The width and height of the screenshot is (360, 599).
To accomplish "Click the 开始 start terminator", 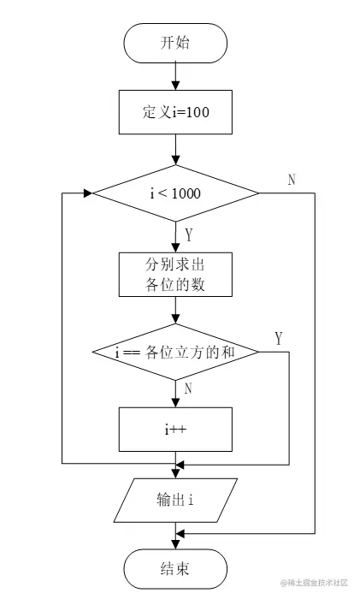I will point(175,43).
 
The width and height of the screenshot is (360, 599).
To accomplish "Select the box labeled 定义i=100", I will point(175,111).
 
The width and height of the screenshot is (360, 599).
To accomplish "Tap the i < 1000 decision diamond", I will point(175,193).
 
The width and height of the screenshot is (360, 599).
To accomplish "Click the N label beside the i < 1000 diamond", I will point(292,180).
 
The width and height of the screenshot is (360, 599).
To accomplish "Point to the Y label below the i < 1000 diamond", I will point(189,233).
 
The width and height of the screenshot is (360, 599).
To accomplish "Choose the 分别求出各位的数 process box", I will point(175,275).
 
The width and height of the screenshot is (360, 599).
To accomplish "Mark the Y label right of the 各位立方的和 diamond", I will point(278,338).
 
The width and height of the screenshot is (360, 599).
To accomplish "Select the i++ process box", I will point(175,430).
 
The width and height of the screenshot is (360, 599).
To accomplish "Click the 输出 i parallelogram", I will point(175,500).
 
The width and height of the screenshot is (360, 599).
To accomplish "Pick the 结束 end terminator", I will point(175,568).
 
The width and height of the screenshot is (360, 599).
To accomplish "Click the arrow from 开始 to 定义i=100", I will point(175,77).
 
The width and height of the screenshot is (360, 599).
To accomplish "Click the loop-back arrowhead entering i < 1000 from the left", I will point(86,193).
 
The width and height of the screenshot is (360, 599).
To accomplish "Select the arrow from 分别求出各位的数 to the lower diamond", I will point(175,310).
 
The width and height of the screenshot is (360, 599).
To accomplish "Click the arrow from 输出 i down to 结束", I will point(175,535).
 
